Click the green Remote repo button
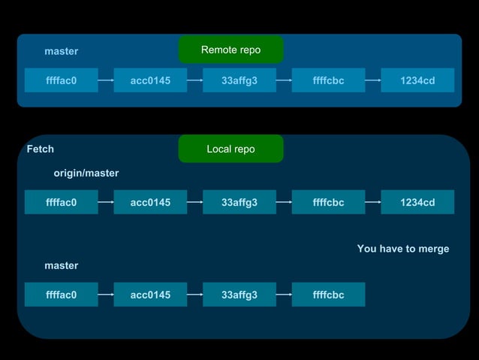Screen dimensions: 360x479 [x=230, y=50]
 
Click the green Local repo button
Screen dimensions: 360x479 [x=230, y=149]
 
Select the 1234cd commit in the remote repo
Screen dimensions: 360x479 [x=417, y=80]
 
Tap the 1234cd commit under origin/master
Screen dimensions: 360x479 [x=417, y=202]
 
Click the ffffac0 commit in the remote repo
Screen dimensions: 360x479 [x=61, y=80]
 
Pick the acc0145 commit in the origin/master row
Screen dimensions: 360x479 [x=150, y=202]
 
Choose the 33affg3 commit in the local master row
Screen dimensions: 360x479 [x=239, y=295]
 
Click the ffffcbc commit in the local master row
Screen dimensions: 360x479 [x=328, y=295]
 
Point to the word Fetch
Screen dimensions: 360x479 [x=41, y=149]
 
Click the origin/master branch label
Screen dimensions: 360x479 [x=86, y=173]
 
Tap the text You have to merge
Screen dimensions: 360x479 [x=403, y=249]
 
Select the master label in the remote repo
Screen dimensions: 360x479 [x=61, y=51]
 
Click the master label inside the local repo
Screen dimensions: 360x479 [x=61, y=265]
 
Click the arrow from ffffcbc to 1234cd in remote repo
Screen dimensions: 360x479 [x=373, y=80]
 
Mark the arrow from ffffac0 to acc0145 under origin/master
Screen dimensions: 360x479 [x=106, y=202]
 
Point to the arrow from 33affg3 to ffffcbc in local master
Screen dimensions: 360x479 [x=284, y=295]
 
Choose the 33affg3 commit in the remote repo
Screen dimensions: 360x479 [x=239, y=80]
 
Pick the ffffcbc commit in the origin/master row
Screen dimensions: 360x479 [x=328, y=202]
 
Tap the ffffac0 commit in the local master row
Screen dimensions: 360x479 [x=61, y=295]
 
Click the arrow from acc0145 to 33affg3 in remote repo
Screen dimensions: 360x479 [x=194, y=80]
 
